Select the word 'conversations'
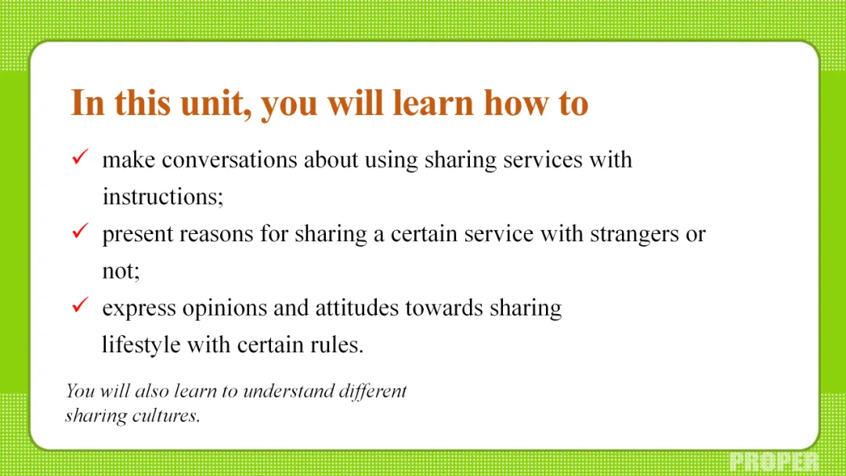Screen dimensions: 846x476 [230, 160]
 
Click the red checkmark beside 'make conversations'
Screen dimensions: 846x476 [80, 157]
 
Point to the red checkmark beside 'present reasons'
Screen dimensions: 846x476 [80, 231]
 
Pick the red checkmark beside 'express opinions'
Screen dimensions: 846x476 [80, 305]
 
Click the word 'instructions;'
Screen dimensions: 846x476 [163, 197]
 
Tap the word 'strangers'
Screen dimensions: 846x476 [634, 235]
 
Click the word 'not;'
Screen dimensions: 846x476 [121, 271]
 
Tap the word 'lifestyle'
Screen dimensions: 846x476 [141, 345]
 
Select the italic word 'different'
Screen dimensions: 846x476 [373, 391]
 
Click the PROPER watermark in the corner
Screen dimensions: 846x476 [774, 462]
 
